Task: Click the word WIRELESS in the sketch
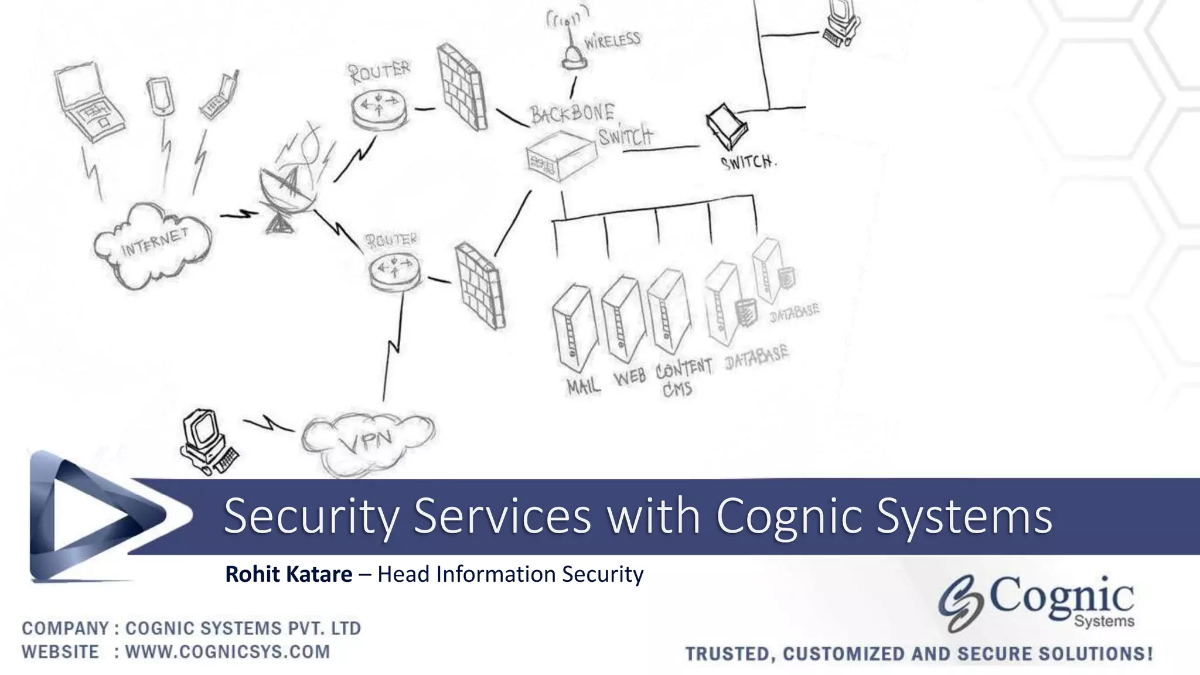[612, 41]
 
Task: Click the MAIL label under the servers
[584, 386]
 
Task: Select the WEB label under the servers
[630, 377]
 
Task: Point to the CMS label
[677, 389]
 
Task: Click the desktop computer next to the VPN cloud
[206, 441]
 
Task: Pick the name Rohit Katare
[288, 574]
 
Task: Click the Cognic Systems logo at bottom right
[1037, 604]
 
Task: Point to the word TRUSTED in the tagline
[727, 654]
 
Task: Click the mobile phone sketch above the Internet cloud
[159, 97]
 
